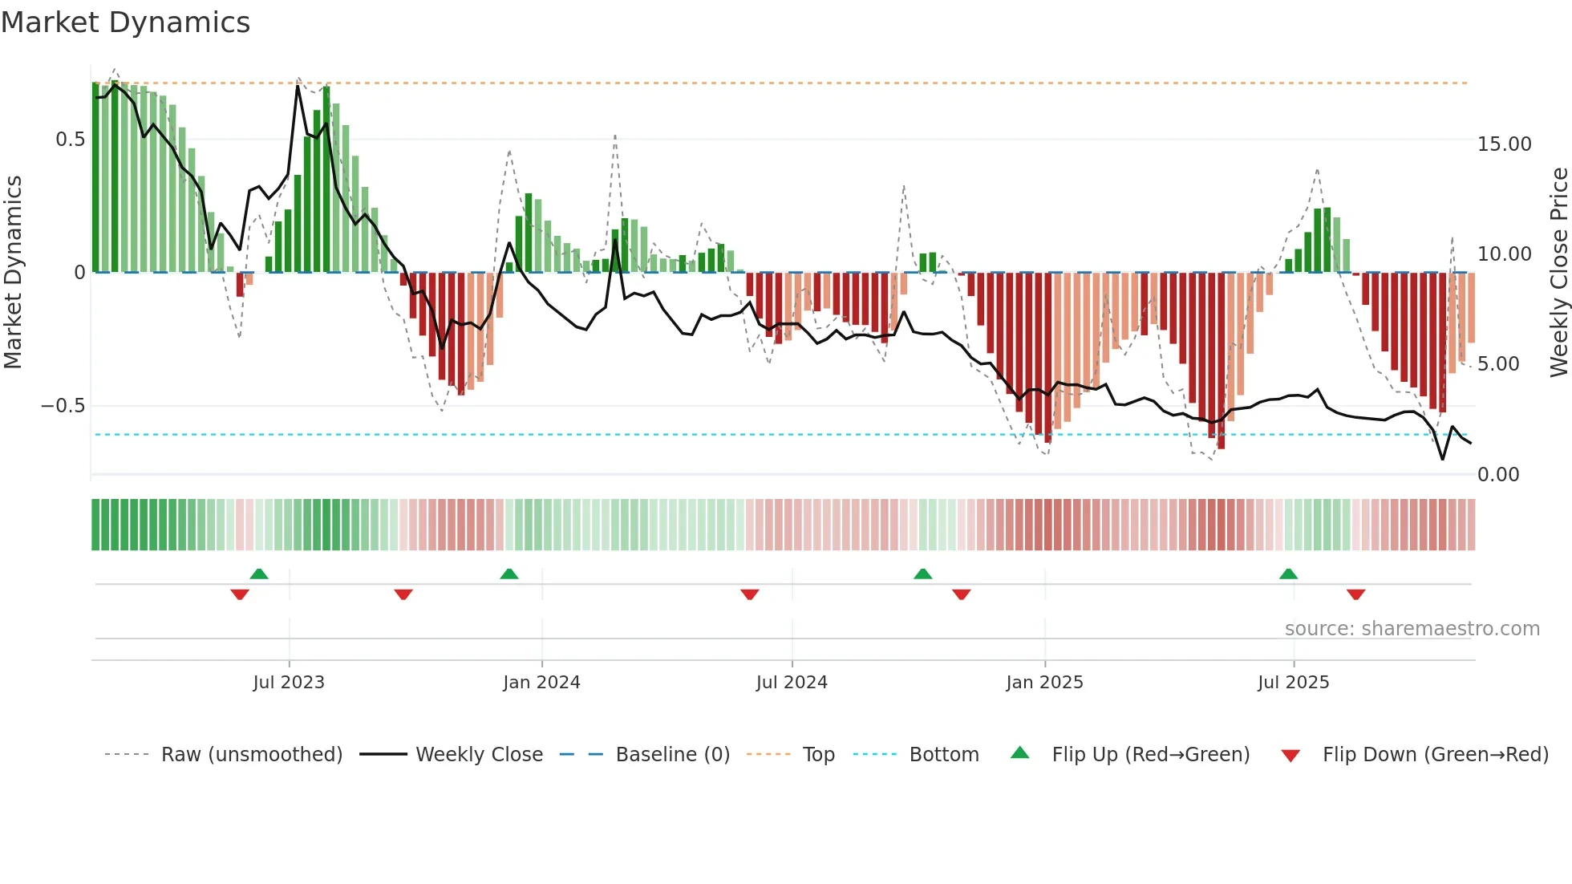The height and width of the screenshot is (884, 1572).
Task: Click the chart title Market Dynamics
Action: [x=126, y=22]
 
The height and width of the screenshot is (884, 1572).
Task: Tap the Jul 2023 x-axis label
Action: [x=289, y=683]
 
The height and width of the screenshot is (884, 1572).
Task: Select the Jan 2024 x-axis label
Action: [x=541, y=683]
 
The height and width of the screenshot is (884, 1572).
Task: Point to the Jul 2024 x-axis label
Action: [x=792, y=683]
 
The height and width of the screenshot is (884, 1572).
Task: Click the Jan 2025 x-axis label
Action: [x=1044, y=683]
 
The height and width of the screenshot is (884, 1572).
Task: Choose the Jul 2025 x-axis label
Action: [x=1293, y=683]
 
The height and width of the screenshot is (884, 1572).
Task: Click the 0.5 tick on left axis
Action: [x=70, y=140]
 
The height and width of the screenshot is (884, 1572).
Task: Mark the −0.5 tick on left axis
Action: [x=63, y=406]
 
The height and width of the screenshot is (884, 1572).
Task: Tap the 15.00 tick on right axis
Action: [x=1504, y=144]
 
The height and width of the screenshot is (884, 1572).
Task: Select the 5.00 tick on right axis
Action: [x=1498, y=364]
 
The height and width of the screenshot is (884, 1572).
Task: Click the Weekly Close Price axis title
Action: [x=1558, y=272]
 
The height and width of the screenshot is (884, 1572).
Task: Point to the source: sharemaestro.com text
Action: [x=1412, y=629]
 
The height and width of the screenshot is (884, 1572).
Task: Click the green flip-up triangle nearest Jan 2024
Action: [x=509, y=574]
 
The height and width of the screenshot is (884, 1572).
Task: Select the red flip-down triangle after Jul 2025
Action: [x=1356, y=594]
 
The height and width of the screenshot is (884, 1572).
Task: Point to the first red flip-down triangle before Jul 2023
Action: [x=240, y=594]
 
